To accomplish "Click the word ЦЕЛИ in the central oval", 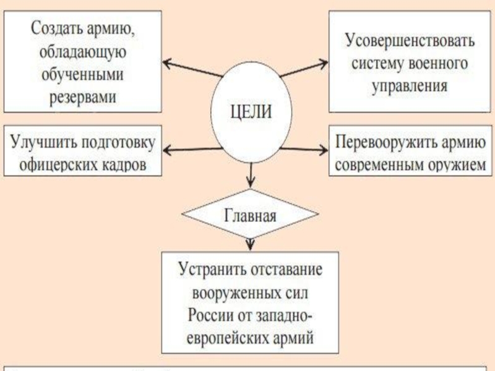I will pos(251,113).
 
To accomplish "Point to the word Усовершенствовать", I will pos(410,42).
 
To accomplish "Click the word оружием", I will pos(444,164).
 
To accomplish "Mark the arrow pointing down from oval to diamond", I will pos(250,176).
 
